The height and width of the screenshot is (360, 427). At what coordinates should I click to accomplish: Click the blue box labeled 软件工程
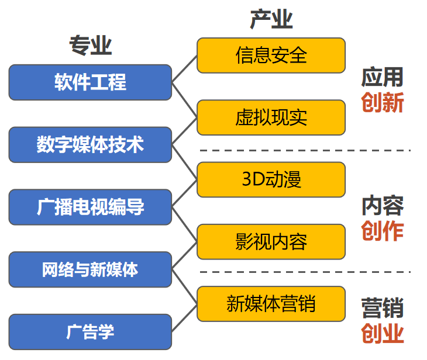click(x=90, y=82)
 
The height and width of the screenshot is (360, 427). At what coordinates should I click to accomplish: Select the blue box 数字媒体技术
click(x=90, y=145)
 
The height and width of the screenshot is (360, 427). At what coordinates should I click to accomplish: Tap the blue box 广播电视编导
click(x=90, y=207)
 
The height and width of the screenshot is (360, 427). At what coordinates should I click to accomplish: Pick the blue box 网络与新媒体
click(x=90, y=269)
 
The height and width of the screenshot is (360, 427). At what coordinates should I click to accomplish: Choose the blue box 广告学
click(x=90, y=332)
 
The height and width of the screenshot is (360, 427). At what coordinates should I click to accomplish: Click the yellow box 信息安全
click(x=271, y=56)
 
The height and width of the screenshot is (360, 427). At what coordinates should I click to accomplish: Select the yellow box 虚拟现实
click(x=271, y=117)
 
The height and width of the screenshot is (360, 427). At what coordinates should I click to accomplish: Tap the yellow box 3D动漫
click(x=271, y=179)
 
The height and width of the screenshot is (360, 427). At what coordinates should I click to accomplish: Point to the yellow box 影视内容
click(x=271, y=241)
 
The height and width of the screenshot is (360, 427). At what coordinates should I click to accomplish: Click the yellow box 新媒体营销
click(x=271, y=304)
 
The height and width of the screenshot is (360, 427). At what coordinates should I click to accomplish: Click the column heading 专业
click(x=91, y=46)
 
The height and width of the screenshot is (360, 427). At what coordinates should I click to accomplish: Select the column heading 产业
click(x=271, y=19)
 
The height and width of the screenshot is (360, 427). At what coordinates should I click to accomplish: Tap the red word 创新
click(x=383, y=103)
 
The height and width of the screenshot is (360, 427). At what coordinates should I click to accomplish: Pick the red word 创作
click(x=383, y=231)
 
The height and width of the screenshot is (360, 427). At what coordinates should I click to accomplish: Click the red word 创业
click(x=383, y=333)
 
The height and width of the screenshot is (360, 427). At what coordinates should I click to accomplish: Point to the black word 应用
click(x=383, y=77)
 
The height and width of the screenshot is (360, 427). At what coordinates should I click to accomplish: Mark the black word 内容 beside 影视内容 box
click(x=383, y=206)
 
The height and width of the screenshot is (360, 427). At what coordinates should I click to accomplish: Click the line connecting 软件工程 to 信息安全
click(x=184, y=69)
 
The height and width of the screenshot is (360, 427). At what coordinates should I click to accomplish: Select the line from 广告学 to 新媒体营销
click(x=184, y=318)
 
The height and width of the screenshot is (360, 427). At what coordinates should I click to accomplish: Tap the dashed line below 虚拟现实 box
click(x=305, y=150)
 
